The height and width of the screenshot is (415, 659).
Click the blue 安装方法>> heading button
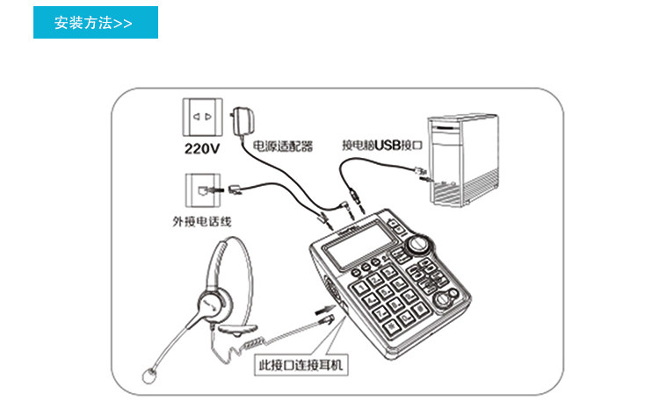[95, 23]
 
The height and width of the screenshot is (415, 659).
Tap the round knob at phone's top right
[424, 243]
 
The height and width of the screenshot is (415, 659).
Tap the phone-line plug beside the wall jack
[235, 189]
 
